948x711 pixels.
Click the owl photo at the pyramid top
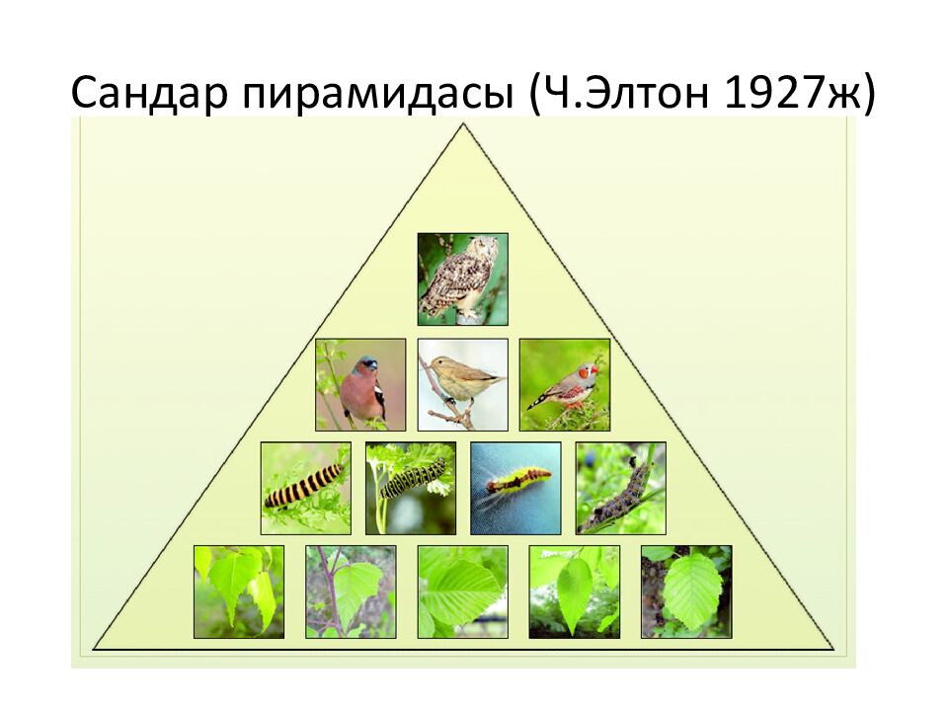tap(462, 279)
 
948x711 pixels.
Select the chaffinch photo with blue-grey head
tap(360, 384)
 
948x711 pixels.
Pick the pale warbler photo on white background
tap(462, 384)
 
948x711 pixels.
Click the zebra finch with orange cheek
tap(565, 384)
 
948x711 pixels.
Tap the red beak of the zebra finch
tap(593, 368)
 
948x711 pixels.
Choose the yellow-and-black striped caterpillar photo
tap(306, 489)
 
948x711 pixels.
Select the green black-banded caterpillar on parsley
tap(411, 489)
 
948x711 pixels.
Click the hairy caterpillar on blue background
tap(515, 489)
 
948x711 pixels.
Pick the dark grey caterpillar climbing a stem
tap(620, 489)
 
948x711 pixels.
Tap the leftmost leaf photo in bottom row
tap(239, 592)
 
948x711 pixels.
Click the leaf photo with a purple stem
tap(351, 592)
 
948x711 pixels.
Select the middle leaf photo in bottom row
tap(462, 592)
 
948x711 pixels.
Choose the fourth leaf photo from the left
tap(575, 592)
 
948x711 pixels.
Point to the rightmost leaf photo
tap(686, 592)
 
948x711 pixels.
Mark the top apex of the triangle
tap(463, 124)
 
